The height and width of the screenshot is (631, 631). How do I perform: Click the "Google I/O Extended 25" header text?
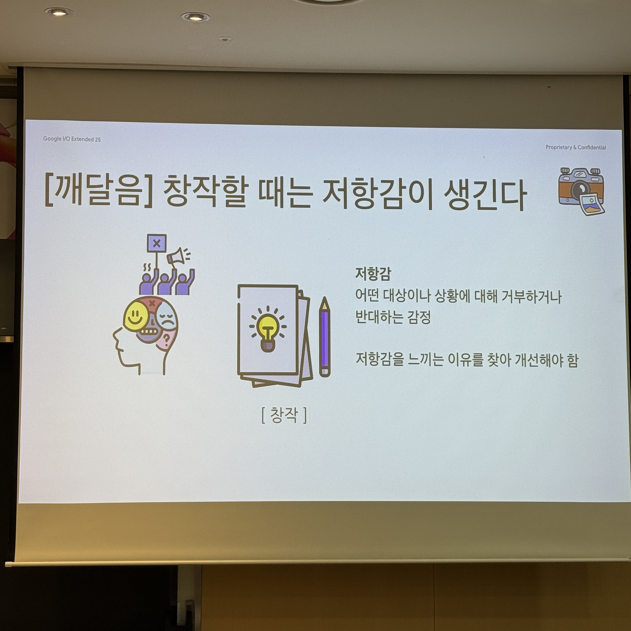(72, 139)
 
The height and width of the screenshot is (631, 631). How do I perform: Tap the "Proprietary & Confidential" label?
(575, 147)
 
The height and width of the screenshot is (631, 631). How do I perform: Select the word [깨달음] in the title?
(98, 192)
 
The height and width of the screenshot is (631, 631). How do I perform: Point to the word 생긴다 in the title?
(485, 195)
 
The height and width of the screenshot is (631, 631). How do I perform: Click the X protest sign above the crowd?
(157, 243)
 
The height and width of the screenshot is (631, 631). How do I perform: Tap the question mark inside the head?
(166, 340)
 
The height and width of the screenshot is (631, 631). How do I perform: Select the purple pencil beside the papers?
(325, 337)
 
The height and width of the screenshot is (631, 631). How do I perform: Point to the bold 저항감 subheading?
(373, 274)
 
